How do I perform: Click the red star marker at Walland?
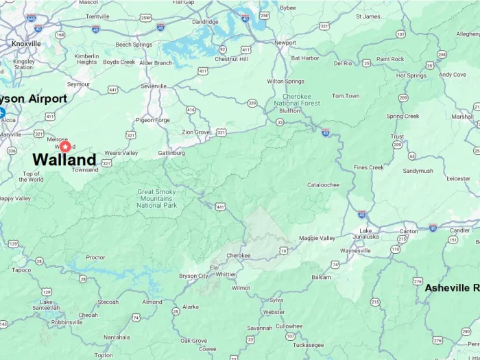(65, 146)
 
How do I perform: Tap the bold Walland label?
(64, 160)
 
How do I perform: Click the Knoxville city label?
(26, 43)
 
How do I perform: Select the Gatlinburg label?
(171, 153)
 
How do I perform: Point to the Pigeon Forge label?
(153, 119)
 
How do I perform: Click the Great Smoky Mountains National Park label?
(156, 199)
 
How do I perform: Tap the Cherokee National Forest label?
(297, 103)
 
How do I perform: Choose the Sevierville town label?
(154, 86)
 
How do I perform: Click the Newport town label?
(285, 43)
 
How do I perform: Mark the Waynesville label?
(355, 250)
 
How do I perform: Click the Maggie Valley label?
(317, 238)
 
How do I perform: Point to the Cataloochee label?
(323, 184)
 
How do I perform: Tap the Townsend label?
(85, 169)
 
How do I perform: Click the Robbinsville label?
(67, 322)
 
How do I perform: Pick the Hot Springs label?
(411, 75)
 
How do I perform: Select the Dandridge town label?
(205, 22)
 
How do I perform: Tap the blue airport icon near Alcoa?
(2, 112)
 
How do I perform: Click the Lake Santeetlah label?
(46, 304)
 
